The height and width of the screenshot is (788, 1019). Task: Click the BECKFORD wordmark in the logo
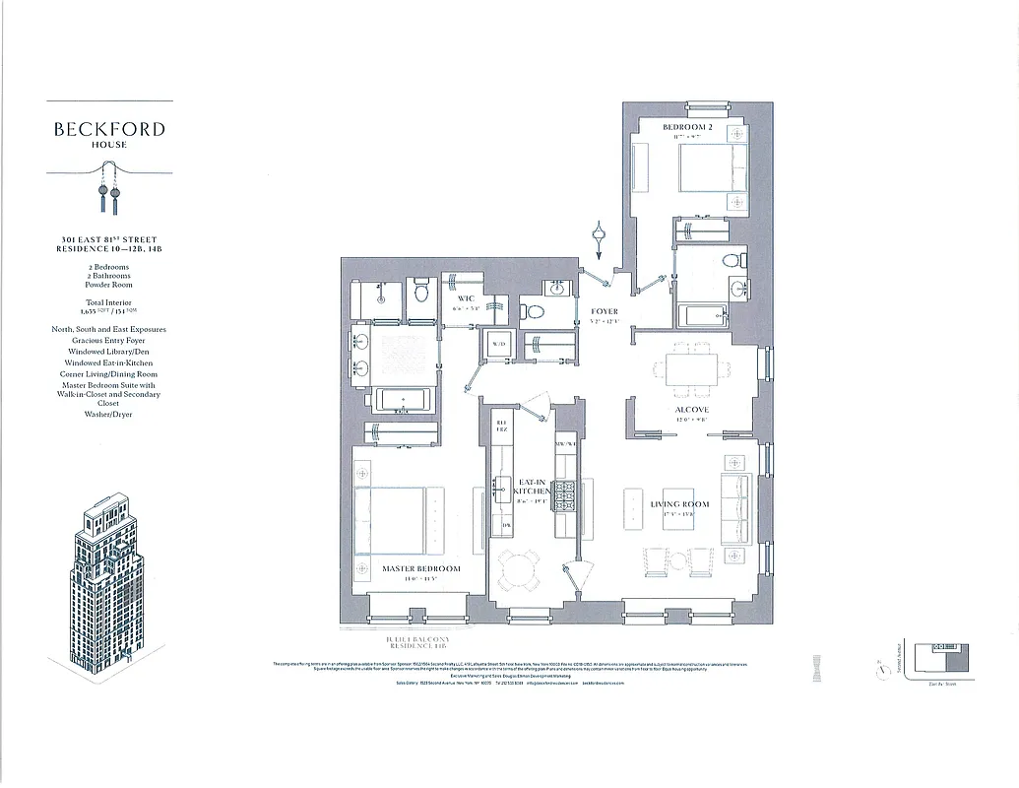tap(109, 129)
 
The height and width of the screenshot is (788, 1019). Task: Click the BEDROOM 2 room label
tap(687, 128)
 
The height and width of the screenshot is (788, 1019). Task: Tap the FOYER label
tap(605, 311)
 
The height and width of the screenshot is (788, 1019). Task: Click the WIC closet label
tap(467, 297)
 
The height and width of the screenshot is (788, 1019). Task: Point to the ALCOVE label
tap(692, 410)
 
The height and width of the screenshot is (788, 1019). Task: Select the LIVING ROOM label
tap(679, 504)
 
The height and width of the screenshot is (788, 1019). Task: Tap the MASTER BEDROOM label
tap(420, 569)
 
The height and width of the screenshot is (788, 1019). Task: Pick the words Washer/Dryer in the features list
tap(108, 415)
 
